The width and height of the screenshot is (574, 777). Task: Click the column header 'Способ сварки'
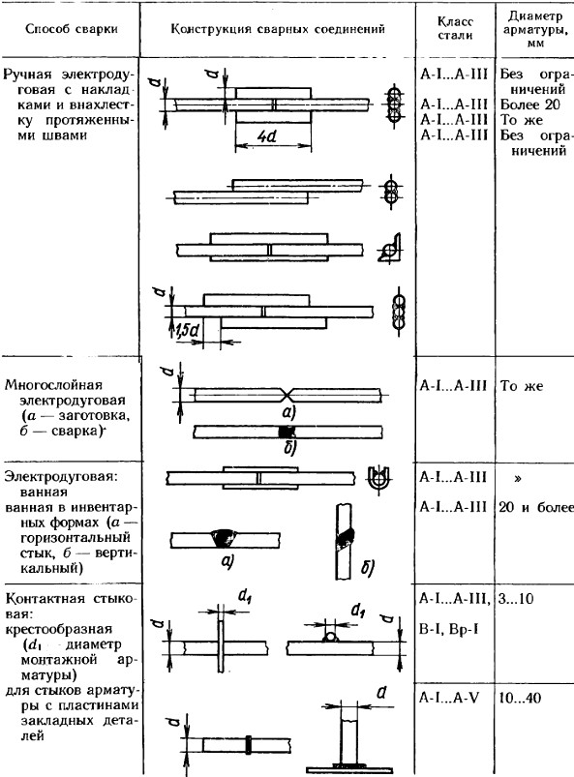(x=72, y=29)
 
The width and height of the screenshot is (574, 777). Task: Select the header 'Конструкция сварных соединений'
(x=278, y=29)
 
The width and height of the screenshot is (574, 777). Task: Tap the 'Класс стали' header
(x=455, y=28)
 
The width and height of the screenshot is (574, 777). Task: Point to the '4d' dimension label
(x=268, y=136)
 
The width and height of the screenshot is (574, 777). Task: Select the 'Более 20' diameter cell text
(x=529, y=105)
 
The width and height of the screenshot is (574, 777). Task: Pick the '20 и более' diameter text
(x=536, y=507)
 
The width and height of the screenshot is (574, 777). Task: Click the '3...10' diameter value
(x=516, y=599)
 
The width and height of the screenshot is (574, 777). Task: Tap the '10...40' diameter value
(x=520, y=699)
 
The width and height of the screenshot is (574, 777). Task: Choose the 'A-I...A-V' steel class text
(x=449, y=699)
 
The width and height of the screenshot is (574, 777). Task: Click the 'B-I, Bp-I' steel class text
(x=448, y=629)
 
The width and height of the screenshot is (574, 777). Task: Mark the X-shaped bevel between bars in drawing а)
(x=287, y=395)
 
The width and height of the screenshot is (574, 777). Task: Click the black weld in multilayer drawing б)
(x=287, y=432)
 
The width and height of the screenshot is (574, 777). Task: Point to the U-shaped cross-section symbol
(x=379, y=478)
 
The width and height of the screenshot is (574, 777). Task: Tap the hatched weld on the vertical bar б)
(x=346, y=540)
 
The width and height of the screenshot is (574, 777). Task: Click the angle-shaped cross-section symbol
(x=390, y=248)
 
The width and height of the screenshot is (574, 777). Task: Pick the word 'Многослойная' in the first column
(x=53, y=385)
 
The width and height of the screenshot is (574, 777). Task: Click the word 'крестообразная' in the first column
(x=58, y=629)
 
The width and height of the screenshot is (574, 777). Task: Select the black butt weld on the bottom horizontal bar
(x=248, y=745)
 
